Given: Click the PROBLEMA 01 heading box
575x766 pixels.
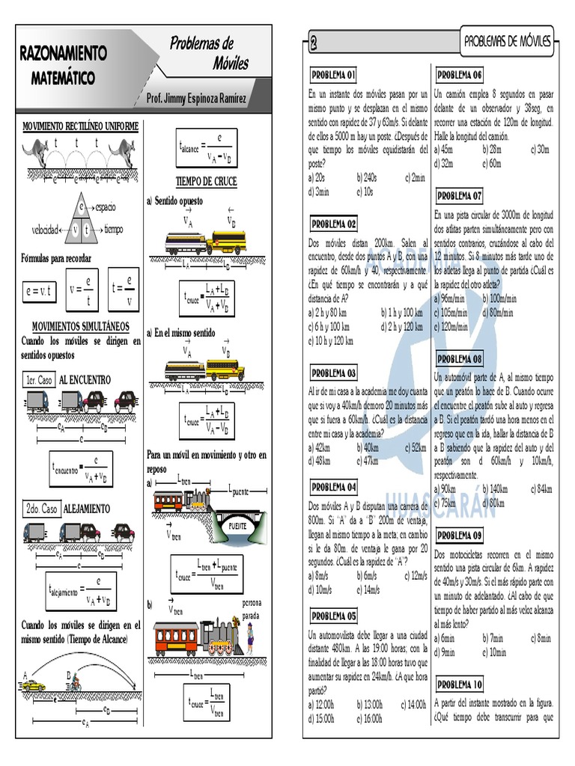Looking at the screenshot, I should [333, 75].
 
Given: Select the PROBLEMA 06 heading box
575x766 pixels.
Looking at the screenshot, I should [459, 75].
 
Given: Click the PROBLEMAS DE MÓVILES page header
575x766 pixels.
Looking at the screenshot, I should [508, 42].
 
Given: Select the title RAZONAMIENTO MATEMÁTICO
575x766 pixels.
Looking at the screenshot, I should [63, 64].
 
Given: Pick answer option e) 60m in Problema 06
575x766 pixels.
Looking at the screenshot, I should [491, 164].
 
